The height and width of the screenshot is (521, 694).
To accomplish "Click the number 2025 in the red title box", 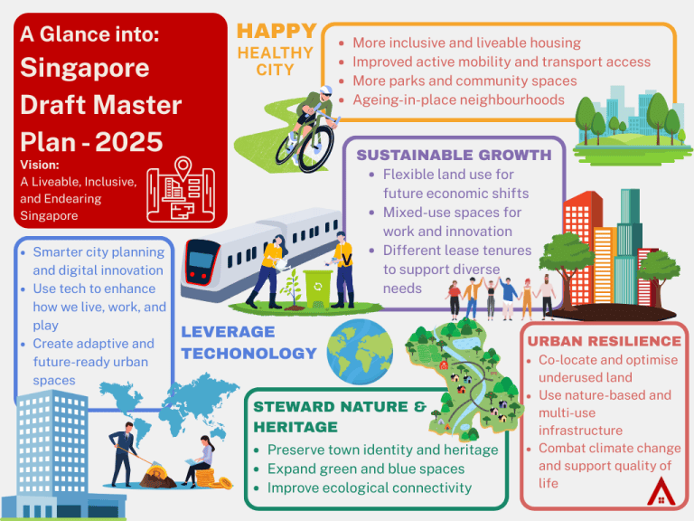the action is point(129,142).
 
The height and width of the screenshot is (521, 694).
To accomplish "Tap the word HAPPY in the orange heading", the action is point(277,31).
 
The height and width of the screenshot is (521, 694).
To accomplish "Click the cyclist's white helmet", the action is point(326,90).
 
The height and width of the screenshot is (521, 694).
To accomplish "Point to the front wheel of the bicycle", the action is point(315,148).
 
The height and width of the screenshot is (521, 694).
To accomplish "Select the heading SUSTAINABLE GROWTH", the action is point(455,155).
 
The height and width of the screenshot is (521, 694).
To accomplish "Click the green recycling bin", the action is point(318,289).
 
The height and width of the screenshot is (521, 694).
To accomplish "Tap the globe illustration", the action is point(360,351).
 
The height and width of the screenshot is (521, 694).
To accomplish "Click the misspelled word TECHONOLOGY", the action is point(249,353).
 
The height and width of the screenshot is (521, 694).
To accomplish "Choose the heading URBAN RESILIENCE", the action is point(605,341).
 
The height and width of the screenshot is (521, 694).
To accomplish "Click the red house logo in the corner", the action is point(661,491).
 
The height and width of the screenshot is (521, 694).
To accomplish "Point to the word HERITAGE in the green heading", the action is point(295,427).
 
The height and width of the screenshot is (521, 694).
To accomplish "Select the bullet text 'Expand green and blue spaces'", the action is point(366,469).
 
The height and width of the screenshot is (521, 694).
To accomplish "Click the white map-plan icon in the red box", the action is point(181,190).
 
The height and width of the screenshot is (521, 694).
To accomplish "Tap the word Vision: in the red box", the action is point(40,165).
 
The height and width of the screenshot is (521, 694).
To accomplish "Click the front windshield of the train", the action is point(201,260).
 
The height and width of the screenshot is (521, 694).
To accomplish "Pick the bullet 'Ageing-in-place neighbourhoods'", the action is point(458,99).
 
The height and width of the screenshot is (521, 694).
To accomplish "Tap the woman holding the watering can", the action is point(267,271).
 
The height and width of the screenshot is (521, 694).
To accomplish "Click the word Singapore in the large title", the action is point(85,68).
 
